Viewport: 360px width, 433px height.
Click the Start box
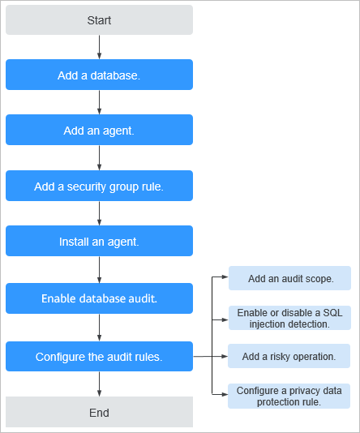point(99,20)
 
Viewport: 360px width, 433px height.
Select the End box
point(99,412)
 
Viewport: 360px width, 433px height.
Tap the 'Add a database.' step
point(99,75)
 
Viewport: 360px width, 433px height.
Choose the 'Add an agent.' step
point(99,130)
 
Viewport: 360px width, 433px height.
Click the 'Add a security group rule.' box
point(99,186)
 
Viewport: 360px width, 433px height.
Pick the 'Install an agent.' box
point(99,241)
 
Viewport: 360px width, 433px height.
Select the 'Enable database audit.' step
point(99,298)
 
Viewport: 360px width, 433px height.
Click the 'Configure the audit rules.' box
point(99,356)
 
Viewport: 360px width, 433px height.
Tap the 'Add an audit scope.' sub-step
point(289,278)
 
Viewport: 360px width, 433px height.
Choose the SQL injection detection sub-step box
point(289,318)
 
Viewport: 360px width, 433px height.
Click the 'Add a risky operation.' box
point(289,356)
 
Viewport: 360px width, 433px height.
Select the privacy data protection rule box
point(289,396)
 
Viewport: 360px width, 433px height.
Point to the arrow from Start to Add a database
point(99,47)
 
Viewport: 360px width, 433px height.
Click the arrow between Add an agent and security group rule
point(99,157)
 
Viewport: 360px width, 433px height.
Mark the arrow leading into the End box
point(99,384)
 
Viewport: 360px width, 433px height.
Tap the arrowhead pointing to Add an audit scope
point(225,277)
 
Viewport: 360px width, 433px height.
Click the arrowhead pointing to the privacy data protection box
point(225,394)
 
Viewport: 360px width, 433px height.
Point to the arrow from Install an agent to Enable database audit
point(99,269)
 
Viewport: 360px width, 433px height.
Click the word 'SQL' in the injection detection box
point(332,313)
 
